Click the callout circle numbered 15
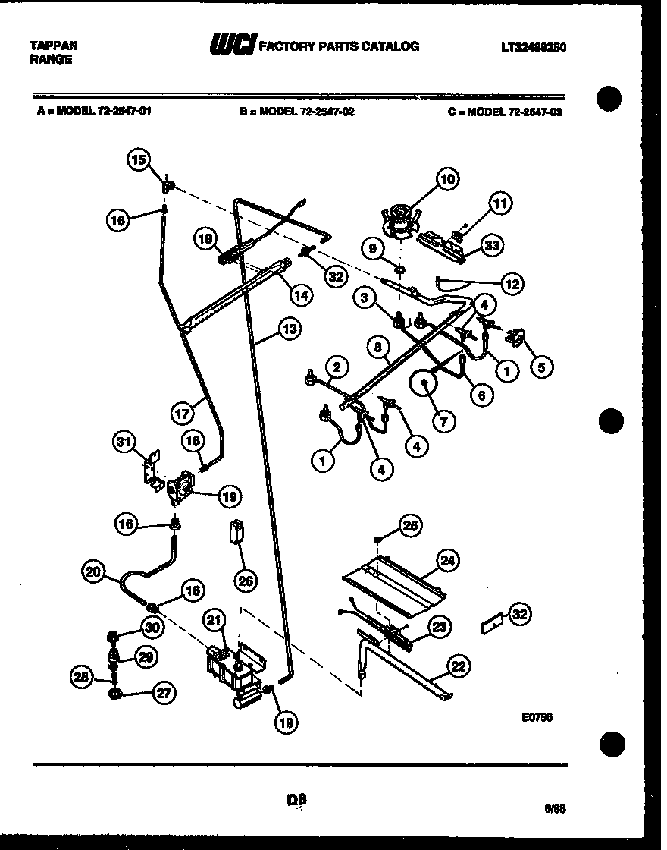137,159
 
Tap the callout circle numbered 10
447,179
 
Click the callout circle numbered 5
541,367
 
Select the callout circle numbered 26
246,582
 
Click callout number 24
448,561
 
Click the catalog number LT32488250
534,47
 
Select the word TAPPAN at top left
53,46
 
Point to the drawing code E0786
537,716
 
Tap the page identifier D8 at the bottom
297,798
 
